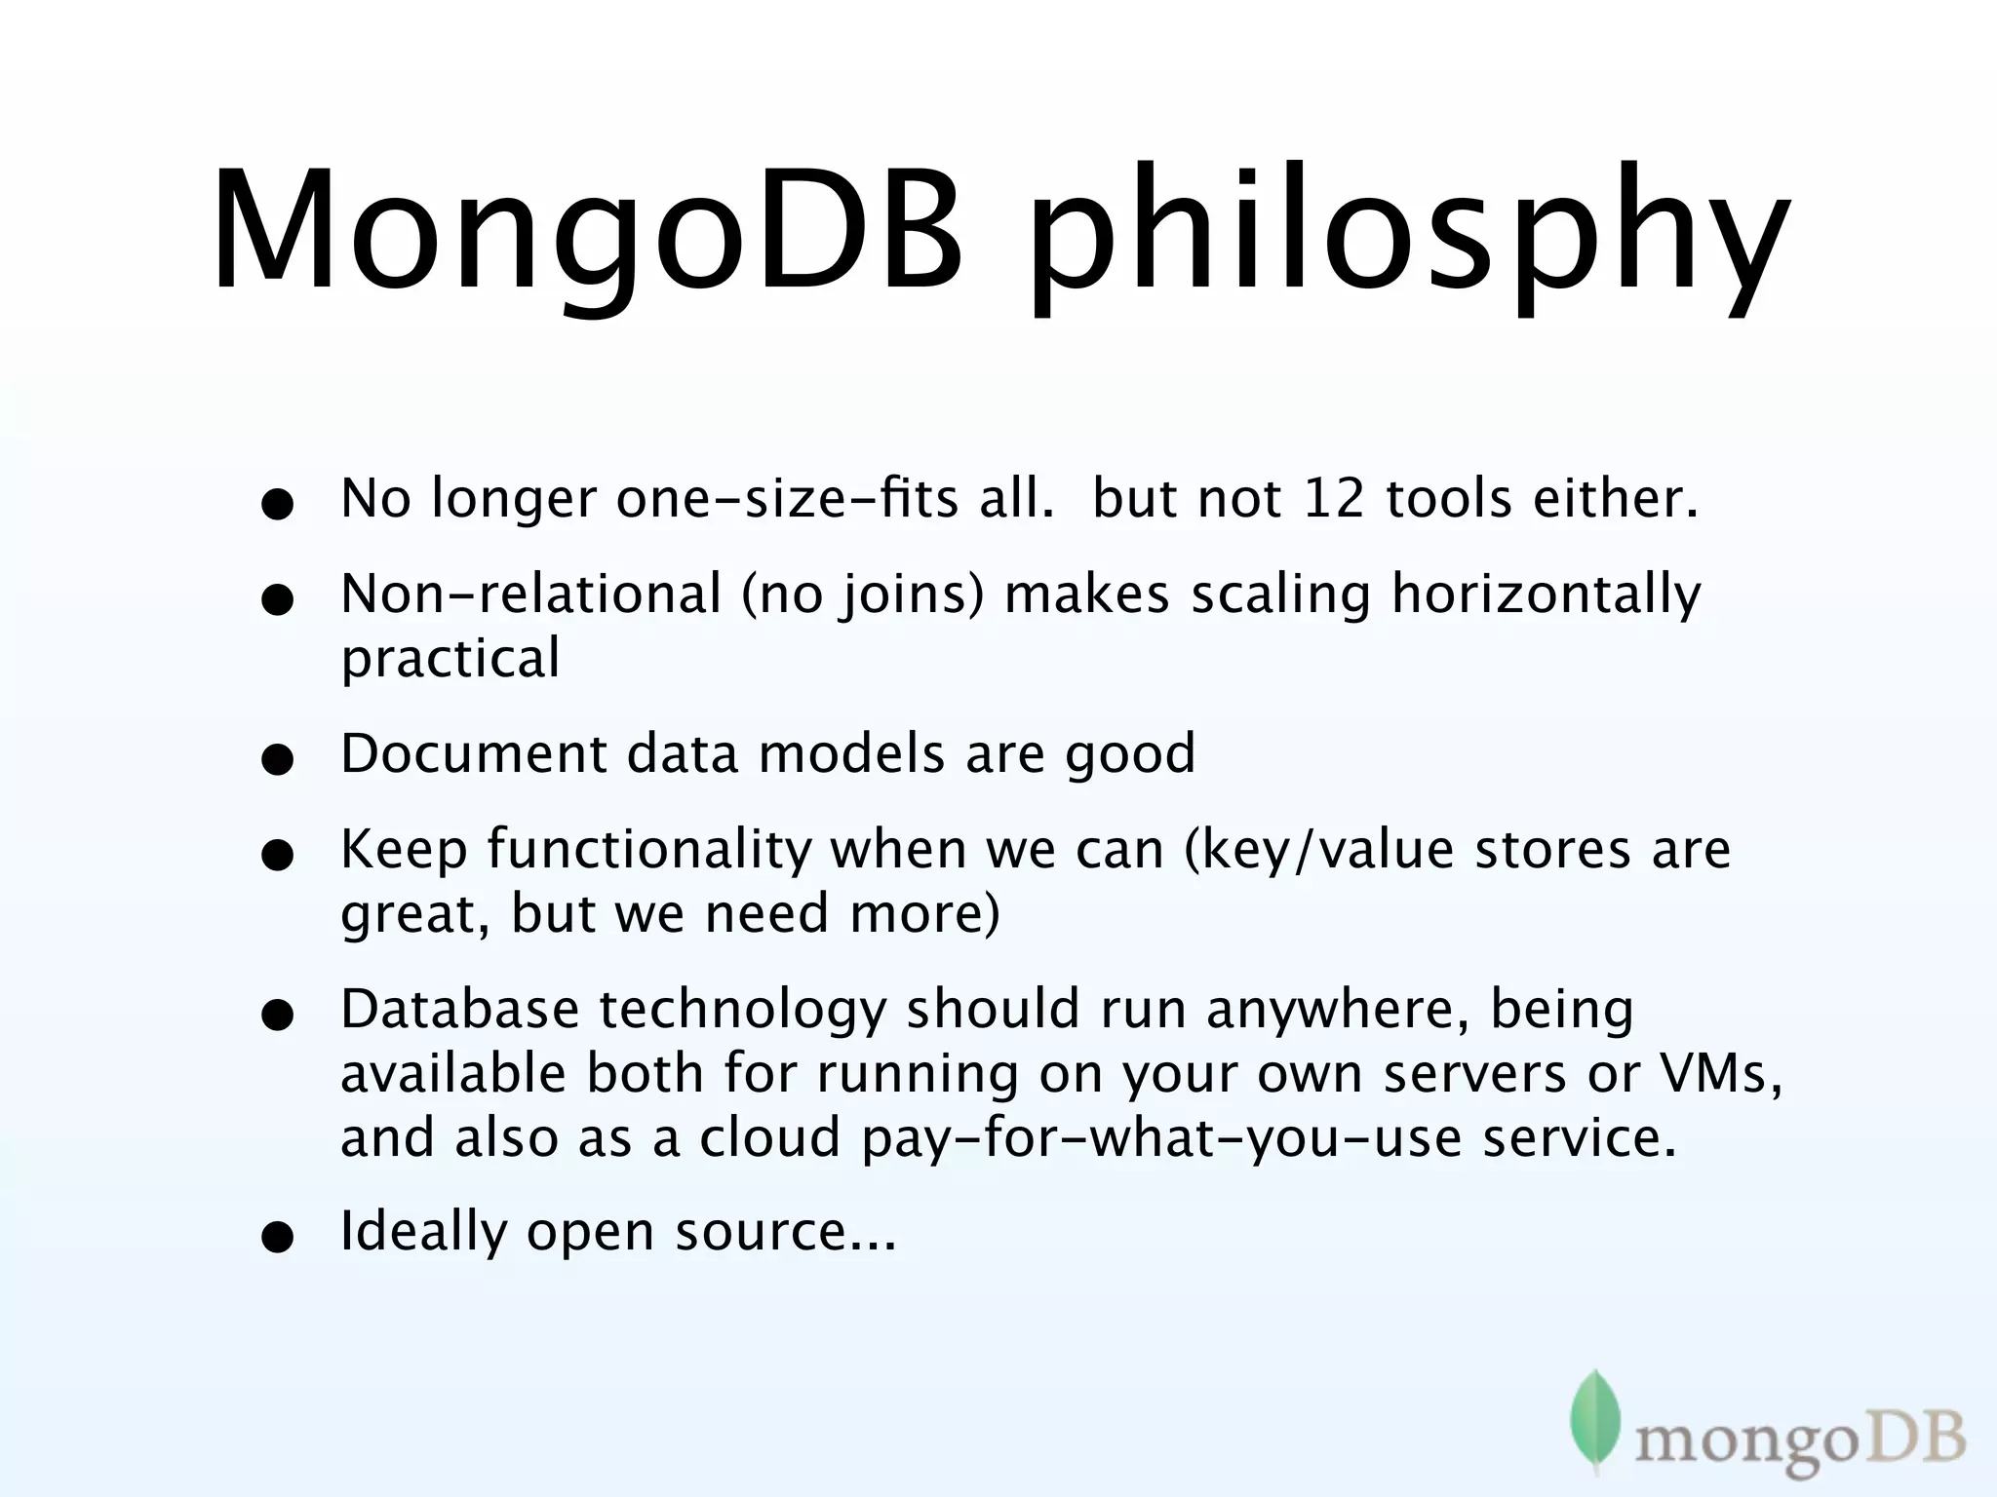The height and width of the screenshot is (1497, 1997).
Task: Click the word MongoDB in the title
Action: pyautogui.click(x=585, y=234)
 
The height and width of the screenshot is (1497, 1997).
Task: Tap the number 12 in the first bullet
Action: pyautogui.click(x=1333, y=499)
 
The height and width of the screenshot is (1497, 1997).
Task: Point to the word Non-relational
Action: pyautogui.click(x=531, y=594)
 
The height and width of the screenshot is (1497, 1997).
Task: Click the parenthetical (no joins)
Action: pyautogui.click(x=863, y=595)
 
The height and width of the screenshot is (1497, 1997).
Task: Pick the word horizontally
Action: pyautogui.click(x=1546, y=595)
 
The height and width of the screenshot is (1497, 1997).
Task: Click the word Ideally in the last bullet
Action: pyautogui.click(x=423, y=1232)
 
